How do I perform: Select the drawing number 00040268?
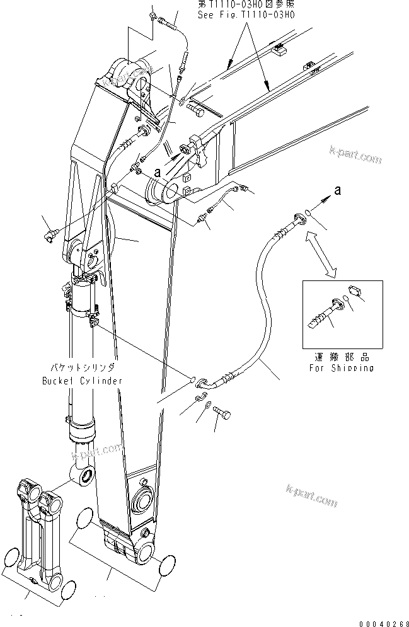click(x=381, y=619)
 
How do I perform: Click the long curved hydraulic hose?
click(x=252, y=315)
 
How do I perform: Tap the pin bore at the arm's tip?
click(x=146, y=550)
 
